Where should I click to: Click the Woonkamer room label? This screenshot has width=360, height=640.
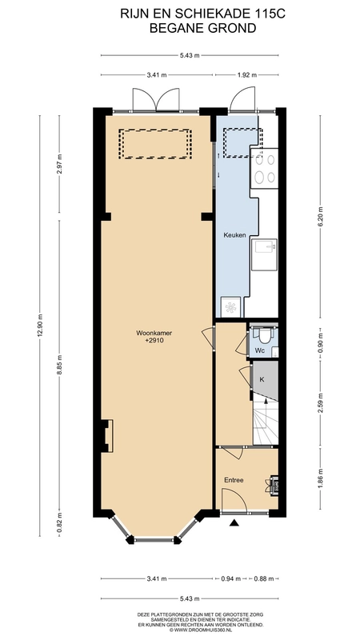tap(154, 333)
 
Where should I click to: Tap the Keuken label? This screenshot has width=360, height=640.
tap(234, 235)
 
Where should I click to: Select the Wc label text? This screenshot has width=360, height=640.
tap(260, 350)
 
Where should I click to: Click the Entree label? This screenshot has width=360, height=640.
tap(234, 480)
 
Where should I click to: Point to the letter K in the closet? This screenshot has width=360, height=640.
tap(262, 379)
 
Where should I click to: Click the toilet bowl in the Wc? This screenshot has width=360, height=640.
tap(265, 335)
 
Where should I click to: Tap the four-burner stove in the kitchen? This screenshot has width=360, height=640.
tap(265, 168)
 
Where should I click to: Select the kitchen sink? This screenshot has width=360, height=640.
tap(265, 254)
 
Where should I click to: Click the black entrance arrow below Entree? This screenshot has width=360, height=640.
tap(234, 522)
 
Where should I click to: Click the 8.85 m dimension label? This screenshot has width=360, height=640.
tap(59, 366)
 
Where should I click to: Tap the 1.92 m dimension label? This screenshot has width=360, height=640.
tap(247, 74)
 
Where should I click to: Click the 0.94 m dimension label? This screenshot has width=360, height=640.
tap(231, 578)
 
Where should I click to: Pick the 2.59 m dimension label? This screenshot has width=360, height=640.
tap(320, 402)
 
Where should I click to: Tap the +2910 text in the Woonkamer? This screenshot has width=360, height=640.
tap(154, 340)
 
